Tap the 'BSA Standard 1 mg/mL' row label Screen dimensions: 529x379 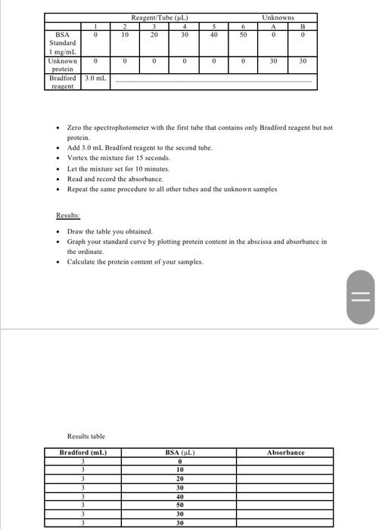pos(62,43)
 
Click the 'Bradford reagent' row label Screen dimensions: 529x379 pos(62,82)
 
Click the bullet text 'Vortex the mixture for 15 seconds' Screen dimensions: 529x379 pos(119,158)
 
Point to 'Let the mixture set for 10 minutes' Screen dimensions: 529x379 pos(119,169)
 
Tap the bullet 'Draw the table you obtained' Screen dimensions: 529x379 pos(110,231)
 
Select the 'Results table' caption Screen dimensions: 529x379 pos(86,436)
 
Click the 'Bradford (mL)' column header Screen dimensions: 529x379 pos(82,453)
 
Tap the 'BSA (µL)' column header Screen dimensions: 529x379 pos(180,453)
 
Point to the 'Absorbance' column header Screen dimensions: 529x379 pos(285,453)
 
